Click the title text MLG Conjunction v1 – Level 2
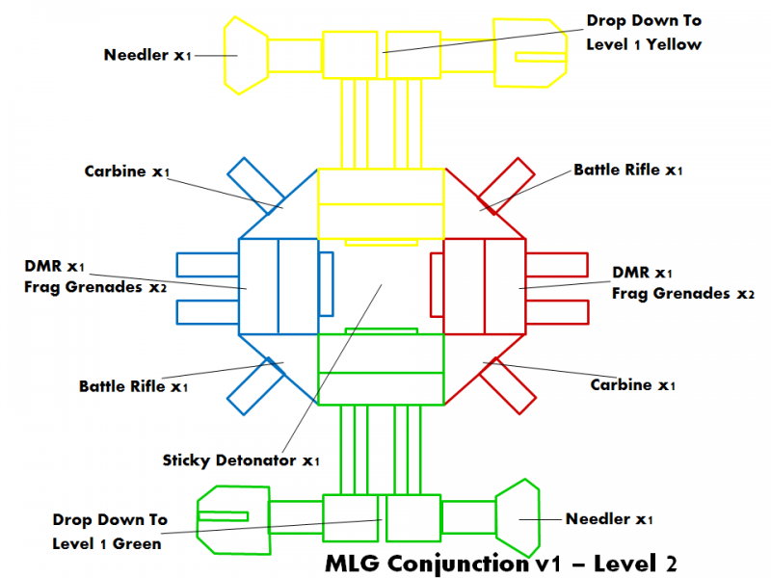pos(502,561)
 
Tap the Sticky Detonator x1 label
pos(241,460)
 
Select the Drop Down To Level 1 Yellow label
pos(645,32)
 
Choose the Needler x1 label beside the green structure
pos(609,519)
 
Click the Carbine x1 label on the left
pos(127,171)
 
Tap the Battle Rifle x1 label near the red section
pos(628,171)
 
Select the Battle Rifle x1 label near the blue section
pos(133,386)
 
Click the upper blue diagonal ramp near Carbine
pos(250,184)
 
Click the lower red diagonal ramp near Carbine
pos(508,385)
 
